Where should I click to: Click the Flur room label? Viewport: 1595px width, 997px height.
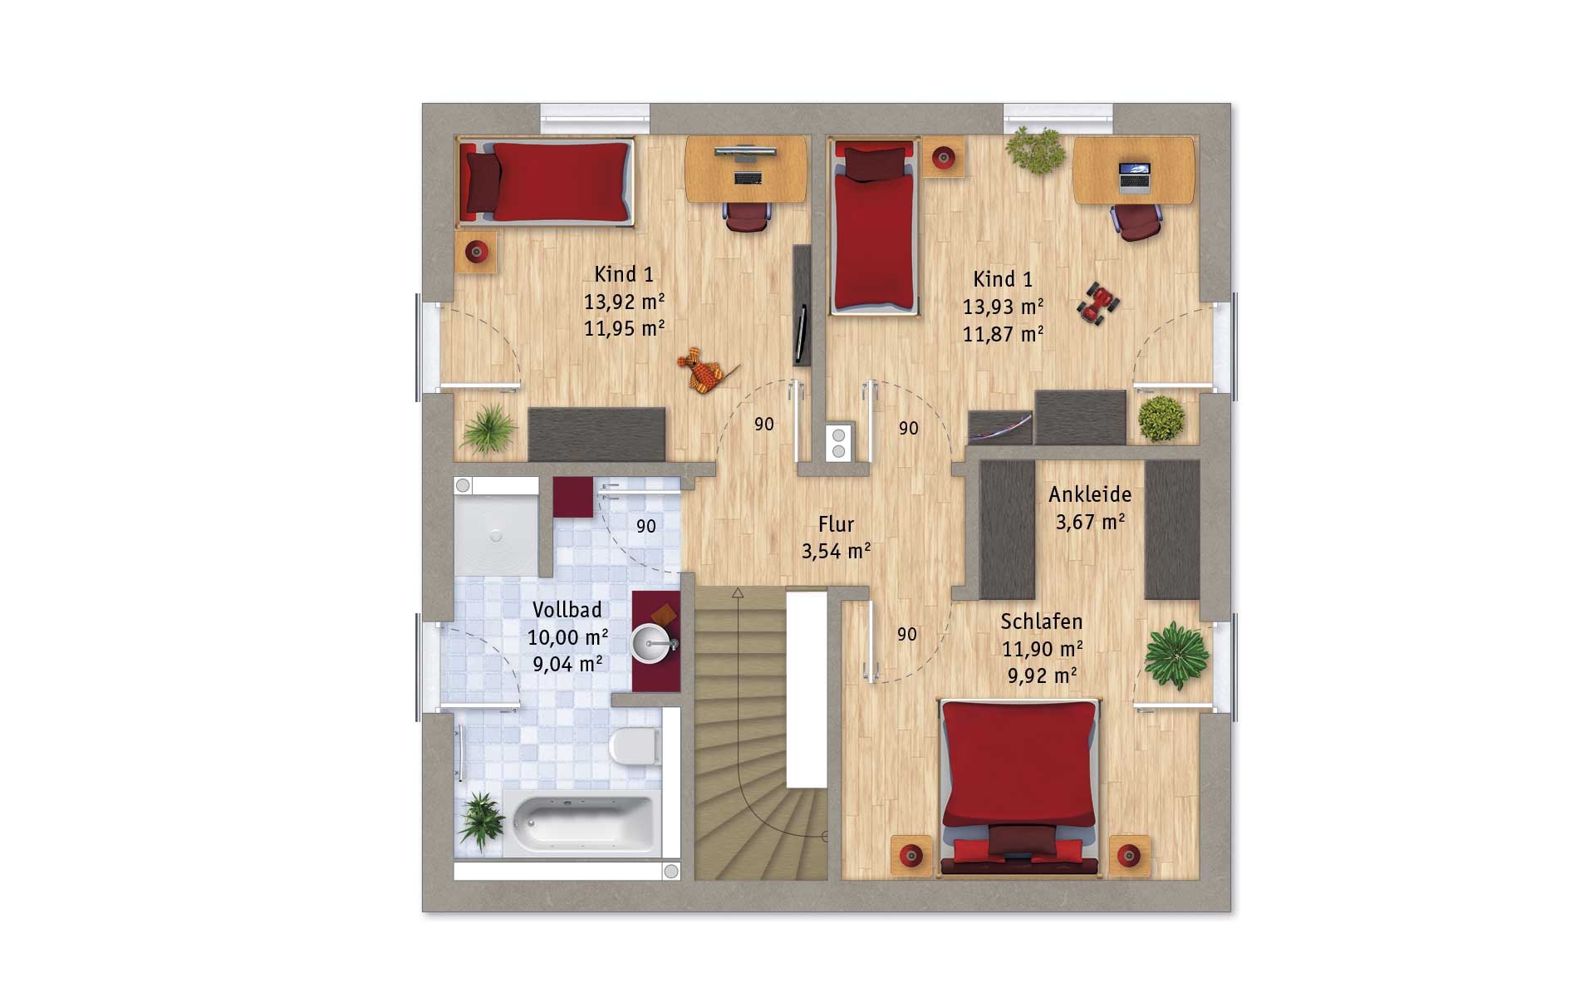click(x=836, y=524)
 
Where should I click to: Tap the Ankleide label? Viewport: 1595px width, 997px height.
click(x=1090, y=494)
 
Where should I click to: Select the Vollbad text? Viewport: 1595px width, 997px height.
click(x=567, y=610)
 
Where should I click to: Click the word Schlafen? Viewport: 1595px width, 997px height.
click(x=1041, y=621)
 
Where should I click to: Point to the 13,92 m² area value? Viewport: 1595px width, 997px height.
click(x=624, y=302)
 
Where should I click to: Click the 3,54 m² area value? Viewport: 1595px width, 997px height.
click(x=836, y=551)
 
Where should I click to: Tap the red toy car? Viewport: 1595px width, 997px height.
click(x=1098, y=302)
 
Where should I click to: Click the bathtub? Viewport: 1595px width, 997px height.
click(x=583, y=823)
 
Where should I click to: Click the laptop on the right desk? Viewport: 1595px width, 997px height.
click(x=1134, y=178)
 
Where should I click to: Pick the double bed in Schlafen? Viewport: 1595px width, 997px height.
click(x=1019, y=787)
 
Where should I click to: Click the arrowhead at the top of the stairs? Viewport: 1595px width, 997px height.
click(x=738, y=593)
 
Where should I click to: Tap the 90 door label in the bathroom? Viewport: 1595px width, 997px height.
click(x=645, y=526)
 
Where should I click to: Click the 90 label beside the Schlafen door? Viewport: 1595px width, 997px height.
click(x=907, y=635)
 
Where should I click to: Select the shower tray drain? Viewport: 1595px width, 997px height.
click(x=496, y=536)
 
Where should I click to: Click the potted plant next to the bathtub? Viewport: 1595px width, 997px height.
click(x=481, y=820)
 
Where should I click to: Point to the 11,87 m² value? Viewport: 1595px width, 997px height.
click(x=1003, y=334)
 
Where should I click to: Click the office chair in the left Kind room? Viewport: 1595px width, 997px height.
click(x=747, y=216)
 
